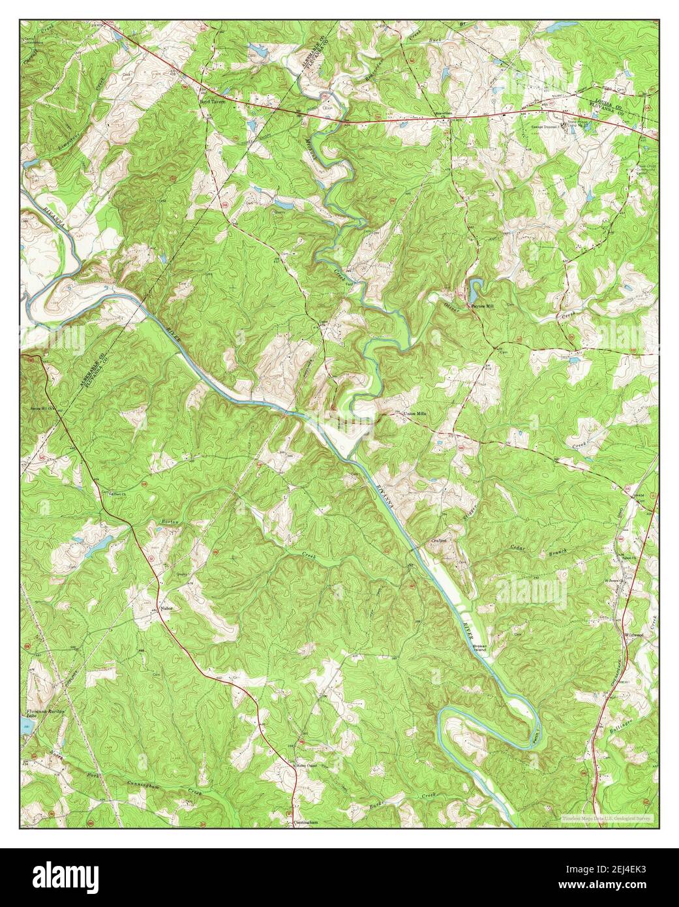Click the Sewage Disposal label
[545, 127]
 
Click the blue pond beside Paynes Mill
[475, 286]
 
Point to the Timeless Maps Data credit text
[607, 817]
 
